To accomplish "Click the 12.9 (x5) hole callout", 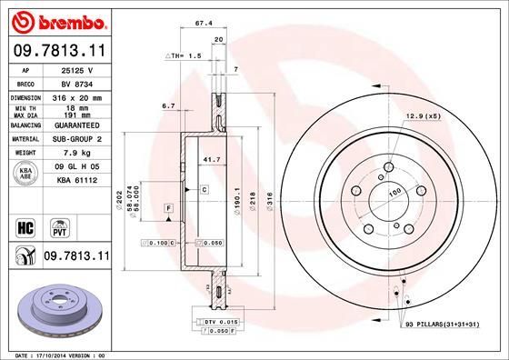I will (x=422, y=116).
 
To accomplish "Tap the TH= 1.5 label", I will (x=182, y=55).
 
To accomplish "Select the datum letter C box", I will (x=205, y=189).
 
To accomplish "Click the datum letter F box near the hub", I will (x=169, y=210).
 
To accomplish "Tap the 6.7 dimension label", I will (x=167, y=106).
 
